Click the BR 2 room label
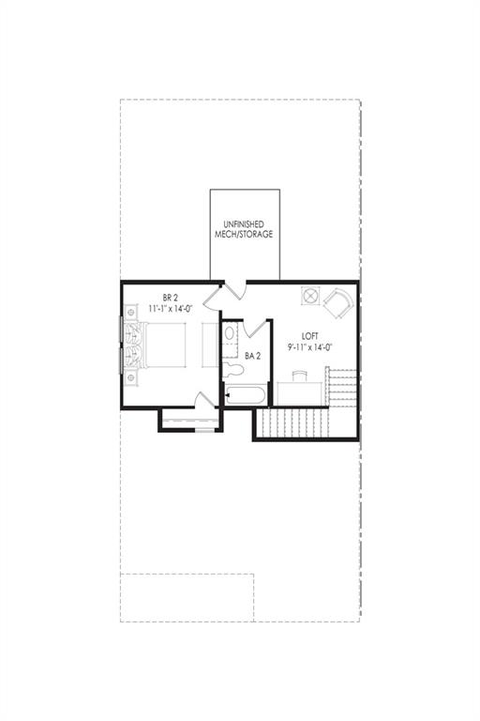pos(170,299)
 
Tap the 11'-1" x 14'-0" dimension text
pos(170,309)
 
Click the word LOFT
pos(309,337)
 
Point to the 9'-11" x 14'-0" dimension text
pos(309,347)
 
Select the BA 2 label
pos(252,356)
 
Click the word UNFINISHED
pos(244,224)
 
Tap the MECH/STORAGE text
pos(244,234)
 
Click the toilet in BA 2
pos(232,370)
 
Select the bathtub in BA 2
pos(245,395)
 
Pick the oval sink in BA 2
pos(229,333)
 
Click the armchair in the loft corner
pos(339,302)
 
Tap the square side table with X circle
pos(310,295)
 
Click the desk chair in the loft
pos(299,376)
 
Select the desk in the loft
pos(302,393)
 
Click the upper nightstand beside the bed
pos(131,313)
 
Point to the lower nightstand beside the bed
pos(131,377)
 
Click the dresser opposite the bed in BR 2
pos(210,345)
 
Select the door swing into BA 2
pos(255,328)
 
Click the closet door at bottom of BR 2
pos(205,399)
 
